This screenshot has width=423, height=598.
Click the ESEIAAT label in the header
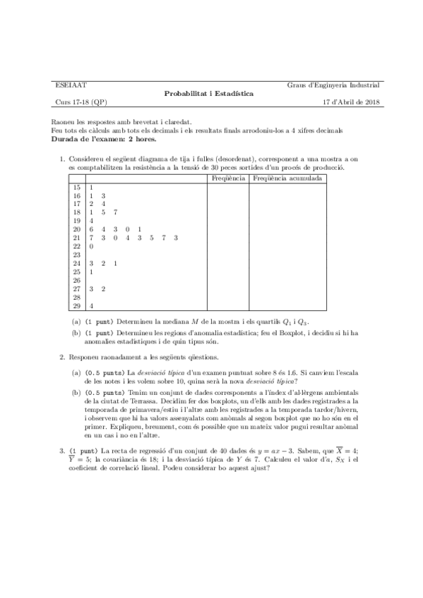(x=68, y=85)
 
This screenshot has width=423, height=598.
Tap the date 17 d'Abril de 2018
(x=351, y=102)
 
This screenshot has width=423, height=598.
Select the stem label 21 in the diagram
(x=76, y=238)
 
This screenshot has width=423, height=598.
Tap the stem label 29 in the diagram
(x=76, y=305)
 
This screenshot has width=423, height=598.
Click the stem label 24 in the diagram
(x=76, y=263)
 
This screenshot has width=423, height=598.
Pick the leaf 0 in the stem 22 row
(x=91, y=246)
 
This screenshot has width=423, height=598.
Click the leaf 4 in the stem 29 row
(x=91, y=305)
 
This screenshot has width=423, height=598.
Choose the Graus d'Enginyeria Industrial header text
(x=333, y=85)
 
